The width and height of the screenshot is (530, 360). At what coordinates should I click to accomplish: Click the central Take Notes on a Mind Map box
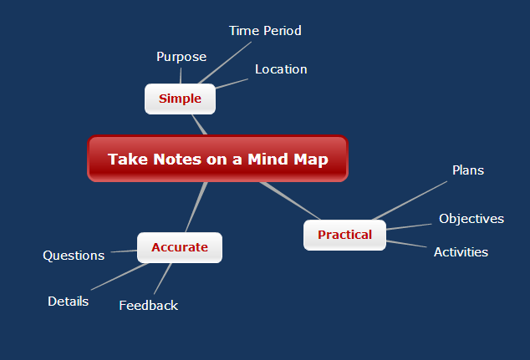(x=217, y=159)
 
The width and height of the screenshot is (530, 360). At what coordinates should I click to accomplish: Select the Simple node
(x=181, y=99)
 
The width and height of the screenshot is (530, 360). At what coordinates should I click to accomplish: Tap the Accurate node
(x=180, y=247)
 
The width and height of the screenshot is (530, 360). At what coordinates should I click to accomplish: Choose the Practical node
(x=344, y=235)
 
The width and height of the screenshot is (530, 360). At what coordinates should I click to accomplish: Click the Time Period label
(x=265, y=31)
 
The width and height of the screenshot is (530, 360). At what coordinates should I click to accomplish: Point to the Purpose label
(x=181, y=57)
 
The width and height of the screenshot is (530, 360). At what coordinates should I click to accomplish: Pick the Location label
(x=281, y=69)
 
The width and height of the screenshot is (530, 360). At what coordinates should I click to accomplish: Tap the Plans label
(x=468, y=170)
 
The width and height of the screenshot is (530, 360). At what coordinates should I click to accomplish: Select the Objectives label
(x=471, y=219)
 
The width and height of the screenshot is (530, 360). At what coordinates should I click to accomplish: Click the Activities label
(x=461, y=252)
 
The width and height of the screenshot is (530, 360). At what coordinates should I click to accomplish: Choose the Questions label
(x=74, y=256)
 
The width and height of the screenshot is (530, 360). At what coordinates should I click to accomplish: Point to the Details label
(x=69, y=302)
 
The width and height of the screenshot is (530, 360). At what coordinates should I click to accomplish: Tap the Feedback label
(x=149, y=306)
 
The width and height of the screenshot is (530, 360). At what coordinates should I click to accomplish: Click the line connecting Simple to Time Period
(x=225, y=63)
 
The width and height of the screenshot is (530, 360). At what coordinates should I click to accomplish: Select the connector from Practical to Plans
(x=410, y=200)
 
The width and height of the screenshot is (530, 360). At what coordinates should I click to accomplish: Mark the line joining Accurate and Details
(x=120, y=276)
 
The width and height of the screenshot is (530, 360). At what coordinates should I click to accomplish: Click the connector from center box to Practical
(x=290, y=201)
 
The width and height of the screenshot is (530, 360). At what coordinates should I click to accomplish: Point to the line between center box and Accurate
(x=196, y=207)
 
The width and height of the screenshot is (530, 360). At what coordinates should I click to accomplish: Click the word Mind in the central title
(x=268, y=159)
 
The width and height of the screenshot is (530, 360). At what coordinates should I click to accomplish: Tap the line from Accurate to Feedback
(x=162, y=279)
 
